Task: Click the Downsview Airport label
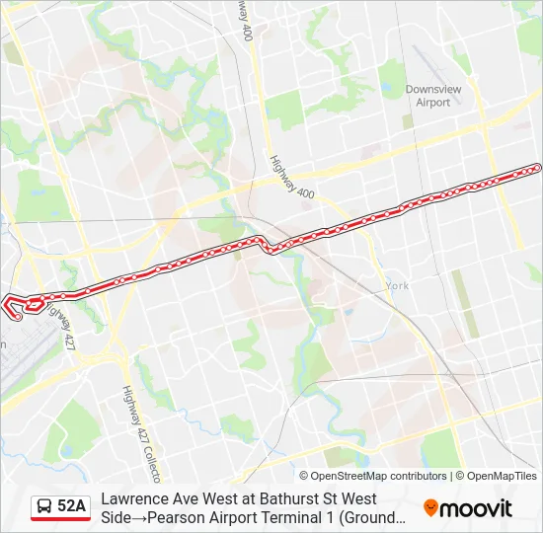pos(432,96)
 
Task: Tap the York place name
pos(397,285)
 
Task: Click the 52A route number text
pos(72,506)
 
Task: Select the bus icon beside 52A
pos(44,506)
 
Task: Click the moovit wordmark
pos(477,508)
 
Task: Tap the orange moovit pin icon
pos(430,507)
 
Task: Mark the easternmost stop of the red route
pos(537,168)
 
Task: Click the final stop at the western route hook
pos(18,317)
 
